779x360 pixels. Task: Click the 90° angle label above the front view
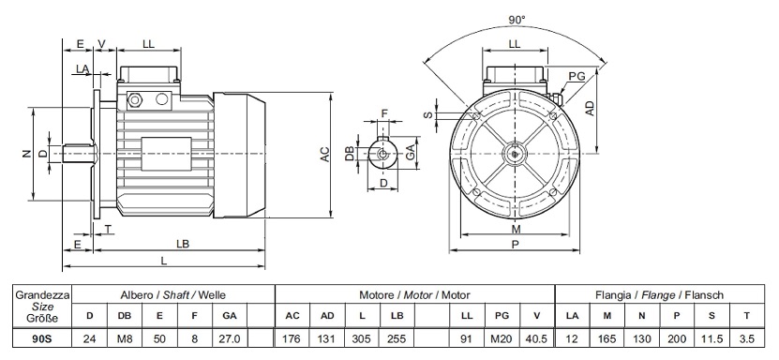pos(517,20)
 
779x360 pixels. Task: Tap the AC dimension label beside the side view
pos(324,154)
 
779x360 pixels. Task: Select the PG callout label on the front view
pos(577,76)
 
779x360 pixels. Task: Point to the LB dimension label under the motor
pos(183,245)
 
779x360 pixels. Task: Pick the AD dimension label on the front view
pos(590,108)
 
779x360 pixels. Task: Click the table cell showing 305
pos(361,339)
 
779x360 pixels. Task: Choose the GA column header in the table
pos(230,315)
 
